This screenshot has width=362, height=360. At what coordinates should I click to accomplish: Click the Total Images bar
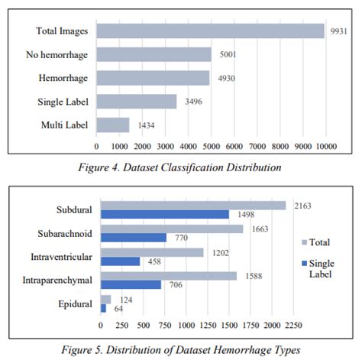pos(210,31)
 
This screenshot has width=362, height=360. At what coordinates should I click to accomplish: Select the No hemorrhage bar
pos(154,54)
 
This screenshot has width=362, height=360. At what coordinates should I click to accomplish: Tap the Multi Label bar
pos(113,124)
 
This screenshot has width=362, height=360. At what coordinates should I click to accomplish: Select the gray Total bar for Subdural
pos(193,206)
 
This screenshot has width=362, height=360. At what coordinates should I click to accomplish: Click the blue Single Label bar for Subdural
pos(165,215)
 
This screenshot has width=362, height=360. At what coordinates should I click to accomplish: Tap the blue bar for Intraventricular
pos(121,261)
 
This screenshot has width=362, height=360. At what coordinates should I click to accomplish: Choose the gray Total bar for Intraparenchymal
pos(169,275)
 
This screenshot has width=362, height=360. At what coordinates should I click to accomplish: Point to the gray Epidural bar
pos(106,299)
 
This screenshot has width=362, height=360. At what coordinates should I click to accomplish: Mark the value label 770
pos(177,238)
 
